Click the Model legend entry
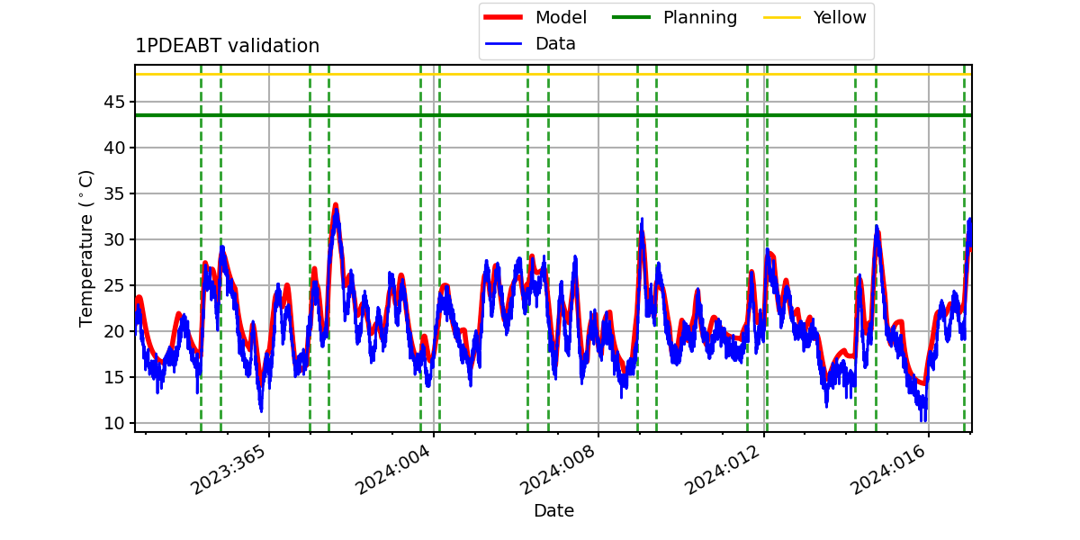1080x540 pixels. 535,17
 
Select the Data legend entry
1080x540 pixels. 530,44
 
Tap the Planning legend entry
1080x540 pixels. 674,17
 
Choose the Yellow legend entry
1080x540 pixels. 814,17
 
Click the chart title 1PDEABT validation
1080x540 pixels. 227,46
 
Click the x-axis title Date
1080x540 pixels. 553,510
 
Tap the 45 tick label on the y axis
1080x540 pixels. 113,103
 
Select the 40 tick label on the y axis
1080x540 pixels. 113,148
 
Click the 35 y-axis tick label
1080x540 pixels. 113,193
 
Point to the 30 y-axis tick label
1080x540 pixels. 113,239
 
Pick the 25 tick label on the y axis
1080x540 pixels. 113,285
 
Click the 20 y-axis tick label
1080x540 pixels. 113,331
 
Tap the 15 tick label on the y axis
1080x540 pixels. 113,377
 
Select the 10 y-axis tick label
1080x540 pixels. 113,423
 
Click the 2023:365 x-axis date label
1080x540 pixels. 228,470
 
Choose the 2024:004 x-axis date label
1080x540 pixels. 392,470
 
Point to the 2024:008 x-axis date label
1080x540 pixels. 557,470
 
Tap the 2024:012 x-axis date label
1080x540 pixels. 723,470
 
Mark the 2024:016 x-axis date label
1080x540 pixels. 887,470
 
